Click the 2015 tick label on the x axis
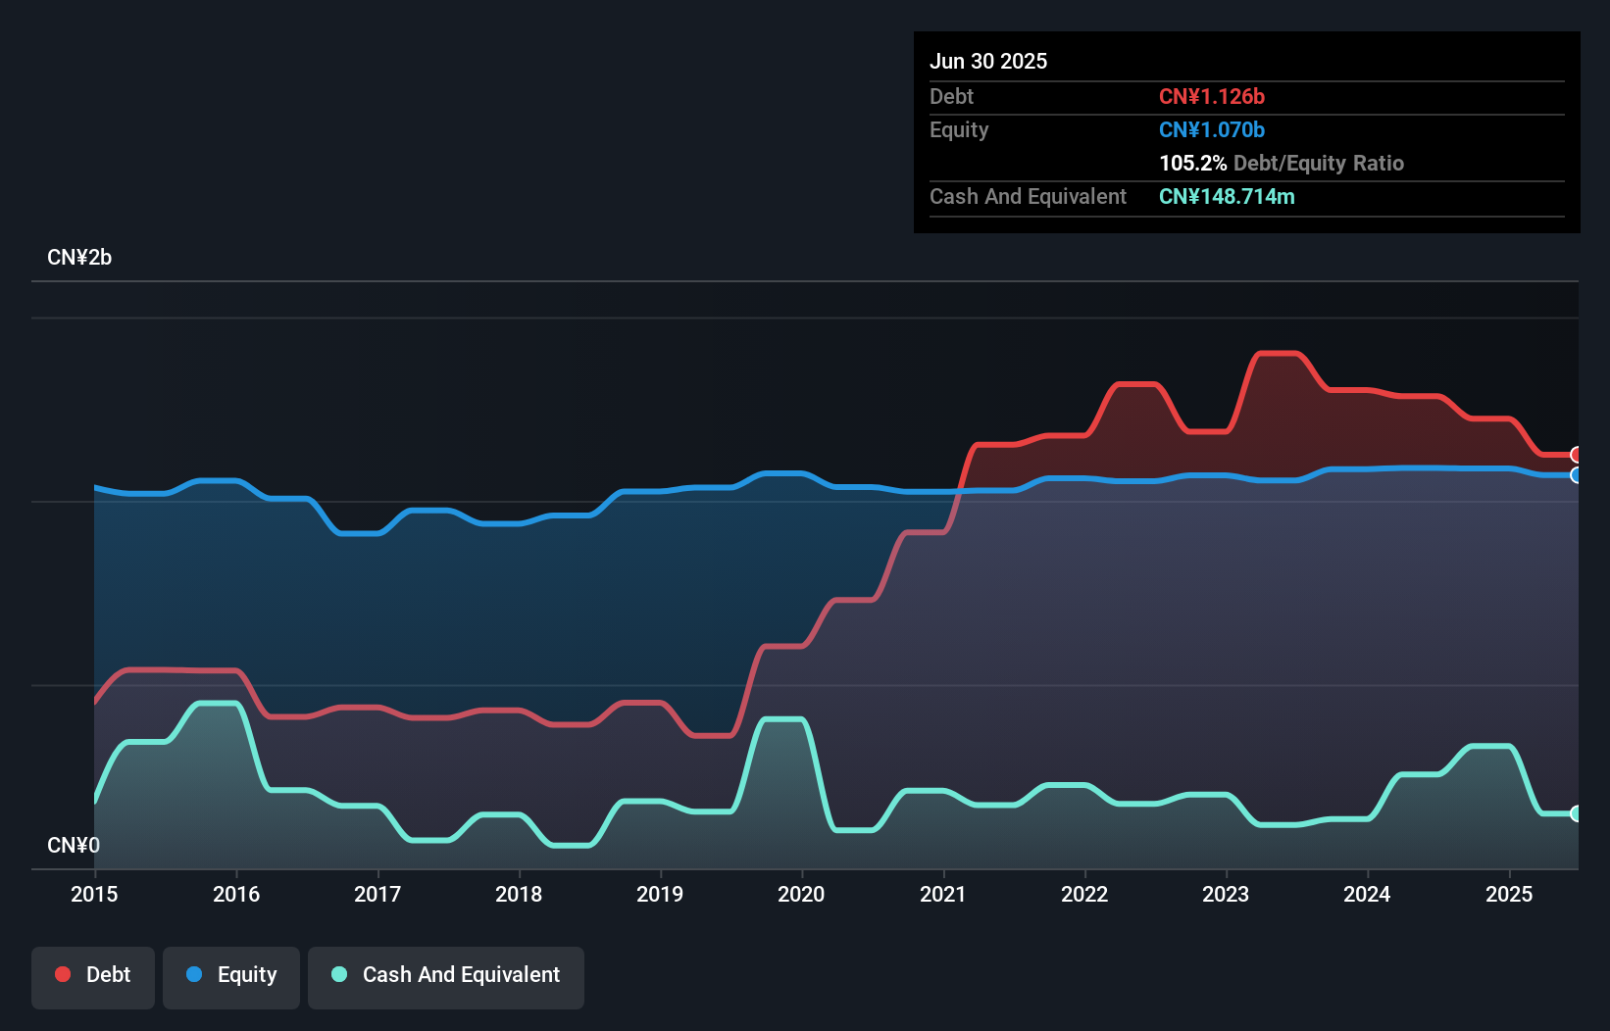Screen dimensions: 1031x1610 (x=94, y=894)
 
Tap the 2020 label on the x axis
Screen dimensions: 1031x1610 (x=801, y=894)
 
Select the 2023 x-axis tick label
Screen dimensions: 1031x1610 (x=1226, y=894)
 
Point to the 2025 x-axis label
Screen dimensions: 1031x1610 (x=1509, y=894)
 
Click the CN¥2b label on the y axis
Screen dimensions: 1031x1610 (x=79, y=258)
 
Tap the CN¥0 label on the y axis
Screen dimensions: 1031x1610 (x=74, y=845)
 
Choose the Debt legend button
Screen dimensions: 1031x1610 (x=93, y=975)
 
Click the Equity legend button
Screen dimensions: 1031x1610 (x=231, y=975)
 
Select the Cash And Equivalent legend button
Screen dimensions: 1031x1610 (x=446, y=975)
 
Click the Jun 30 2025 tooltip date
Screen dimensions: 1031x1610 (x=988, y=61)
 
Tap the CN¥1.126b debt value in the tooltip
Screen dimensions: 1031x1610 (x=1212, y=96)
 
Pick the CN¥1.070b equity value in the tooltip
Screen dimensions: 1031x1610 (x=1212, y=129)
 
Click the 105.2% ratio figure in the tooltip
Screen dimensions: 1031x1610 (x=1192, y=163)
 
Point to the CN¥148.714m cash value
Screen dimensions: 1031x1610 (x=1227, y=196)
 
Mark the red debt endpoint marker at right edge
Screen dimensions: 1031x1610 (x=1576, y=455)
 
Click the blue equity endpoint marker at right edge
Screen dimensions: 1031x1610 (x=1576, y=475)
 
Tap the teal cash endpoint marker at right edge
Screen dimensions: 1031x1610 (x=1576, y=813)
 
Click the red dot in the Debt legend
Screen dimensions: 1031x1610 (x=63, y=974)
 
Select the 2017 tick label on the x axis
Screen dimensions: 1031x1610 (x=377, y=894)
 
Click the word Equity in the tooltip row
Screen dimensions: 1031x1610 (x=959, y=129)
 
